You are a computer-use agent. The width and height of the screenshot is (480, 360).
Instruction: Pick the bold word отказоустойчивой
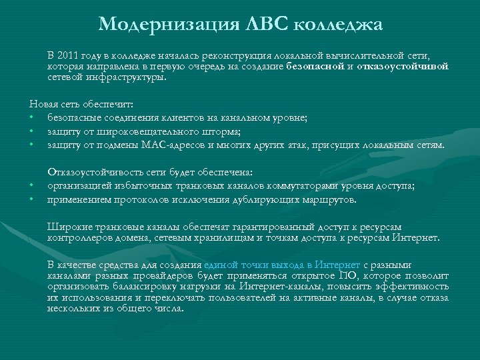403,66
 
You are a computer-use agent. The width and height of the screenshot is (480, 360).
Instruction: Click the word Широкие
68,227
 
